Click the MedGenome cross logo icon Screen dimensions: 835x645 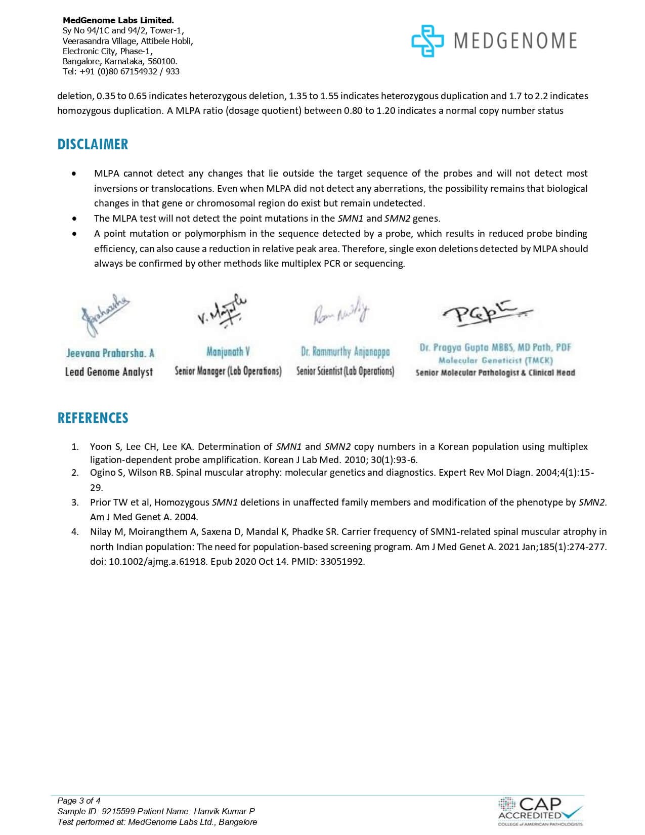pyautogui.click(x=427, y=41)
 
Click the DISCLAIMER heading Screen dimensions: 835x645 pyautogui.click(x=93, y=144)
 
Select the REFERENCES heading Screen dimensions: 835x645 pyautogui.click(x=93, y=418)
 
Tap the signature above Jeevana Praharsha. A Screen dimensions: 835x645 pyautogui.click(x=105, y=315)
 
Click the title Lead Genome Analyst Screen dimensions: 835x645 pyautogui.click(x=109, y=372)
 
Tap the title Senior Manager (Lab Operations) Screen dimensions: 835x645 pyautogui.click(x=228, y=371)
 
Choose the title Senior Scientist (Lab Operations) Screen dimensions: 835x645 pyautogui.click(x=345, y=371)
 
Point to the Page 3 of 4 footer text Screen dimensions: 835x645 pyautogui.click(x=79, y=801)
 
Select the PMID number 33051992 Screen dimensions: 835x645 pyautogui.click(x=342, y=562)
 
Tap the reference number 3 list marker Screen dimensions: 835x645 pyautogui.click(x=75, y=503)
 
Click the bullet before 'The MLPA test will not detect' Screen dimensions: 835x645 pyautogui.click(x=75, y=219)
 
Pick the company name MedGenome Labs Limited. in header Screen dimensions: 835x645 pyautogui.click(x=118, y=20)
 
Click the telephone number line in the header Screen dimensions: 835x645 pyautogui.click(x=121, y=71)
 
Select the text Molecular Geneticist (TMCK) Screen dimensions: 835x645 pyautogui.click(x=495, y=360)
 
